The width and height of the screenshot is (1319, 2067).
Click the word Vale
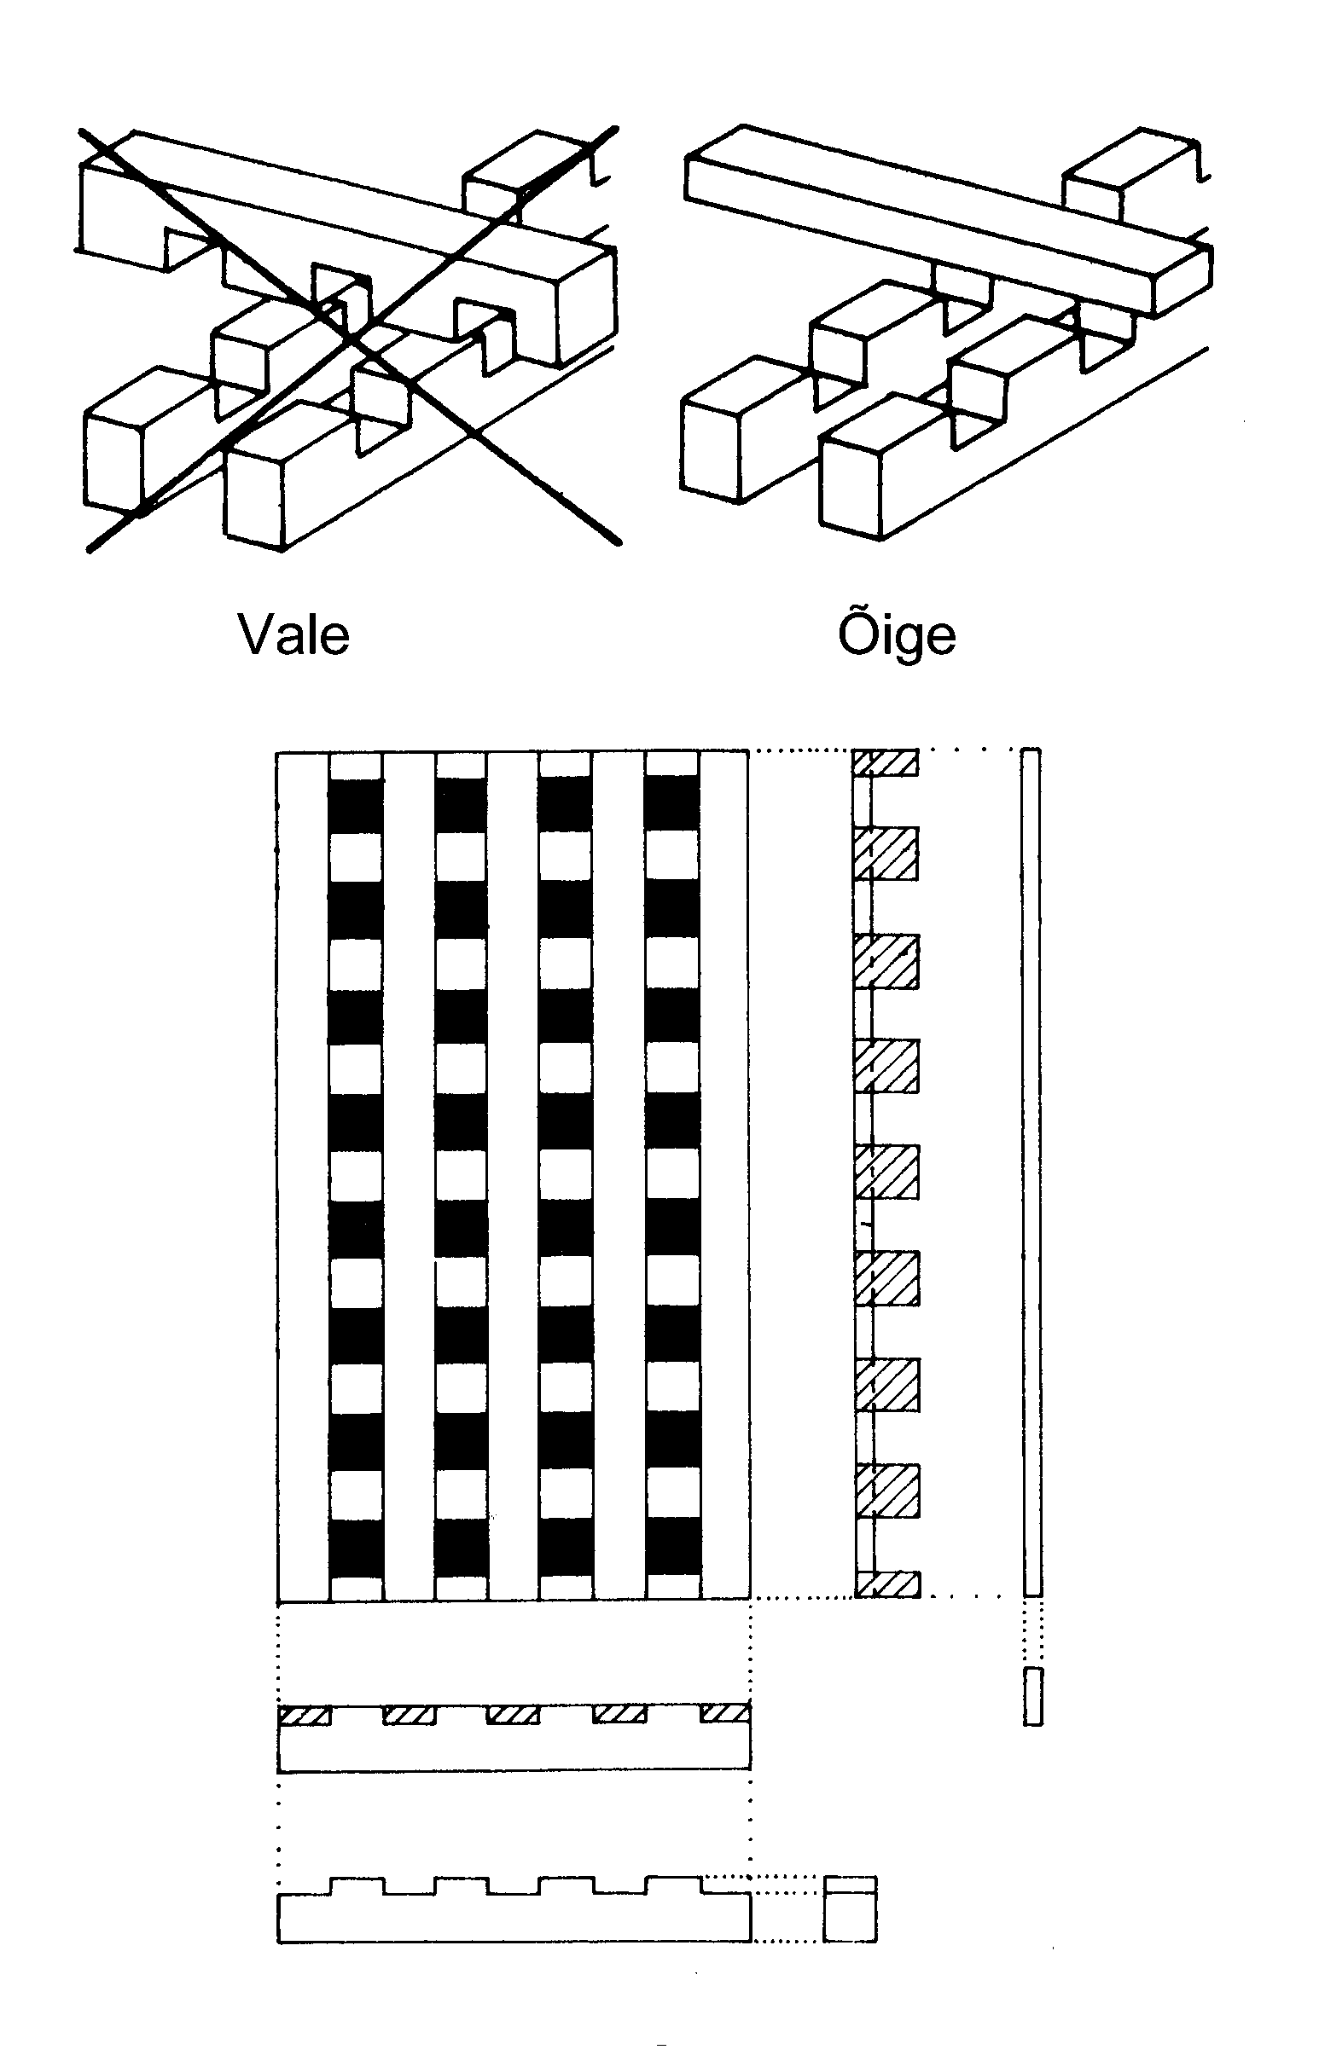coord(293,635)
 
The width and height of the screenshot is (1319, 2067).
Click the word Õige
coord(897,635)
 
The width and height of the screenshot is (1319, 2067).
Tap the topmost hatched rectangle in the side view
coord(886,762)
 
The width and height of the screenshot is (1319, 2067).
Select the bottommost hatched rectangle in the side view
coord(888,1584)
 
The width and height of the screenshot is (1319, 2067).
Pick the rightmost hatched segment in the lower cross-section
coord(726,1713)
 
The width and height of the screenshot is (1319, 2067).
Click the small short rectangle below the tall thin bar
coord(1033,1696)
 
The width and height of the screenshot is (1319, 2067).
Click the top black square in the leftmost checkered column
coord(357,806)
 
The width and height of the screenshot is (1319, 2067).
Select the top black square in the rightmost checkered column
coord(672,806)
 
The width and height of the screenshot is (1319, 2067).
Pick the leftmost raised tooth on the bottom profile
coord(357,1887)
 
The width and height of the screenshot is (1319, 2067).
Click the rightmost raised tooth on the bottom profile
coord(673,1887)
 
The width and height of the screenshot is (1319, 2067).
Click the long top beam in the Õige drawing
coord(944,219)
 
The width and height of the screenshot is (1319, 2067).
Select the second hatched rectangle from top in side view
coord(886,854)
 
